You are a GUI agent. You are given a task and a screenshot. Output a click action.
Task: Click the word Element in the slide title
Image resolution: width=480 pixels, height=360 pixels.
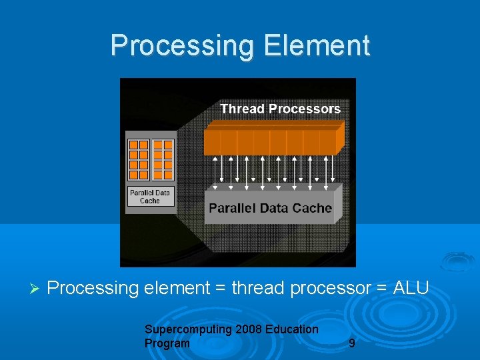click(x=317, y=45)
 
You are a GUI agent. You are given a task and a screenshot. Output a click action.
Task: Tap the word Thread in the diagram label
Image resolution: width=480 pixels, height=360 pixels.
click(x=242, y=109)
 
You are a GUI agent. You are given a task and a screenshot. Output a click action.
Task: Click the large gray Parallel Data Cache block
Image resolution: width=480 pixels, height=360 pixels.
click(x=270, y=207)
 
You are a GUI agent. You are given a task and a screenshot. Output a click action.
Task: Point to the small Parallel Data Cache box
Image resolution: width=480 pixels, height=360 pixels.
click(x=150, y=197)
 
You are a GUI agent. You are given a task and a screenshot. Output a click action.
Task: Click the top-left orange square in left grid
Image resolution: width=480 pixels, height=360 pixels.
click(x=134, y=145)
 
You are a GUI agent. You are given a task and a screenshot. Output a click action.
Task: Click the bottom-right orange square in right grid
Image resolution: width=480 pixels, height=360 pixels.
click(x=167, y=175)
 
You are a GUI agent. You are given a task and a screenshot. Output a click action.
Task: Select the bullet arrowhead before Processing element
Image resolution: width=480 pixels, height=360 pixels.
click(x=36, y=289)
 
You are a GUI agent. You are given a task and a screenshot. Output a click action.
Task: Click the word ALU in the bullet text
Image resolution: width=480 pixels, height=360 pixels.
click(x=411, y=288)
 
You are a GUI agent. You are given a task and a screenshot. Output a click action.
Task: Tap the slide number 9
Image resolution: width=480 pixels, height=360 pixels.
click(x=351, y=344)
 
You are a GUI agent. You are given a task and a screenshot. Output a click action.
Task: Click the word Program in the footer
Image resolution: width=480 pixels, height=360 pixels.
click(x=167, y=343)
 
